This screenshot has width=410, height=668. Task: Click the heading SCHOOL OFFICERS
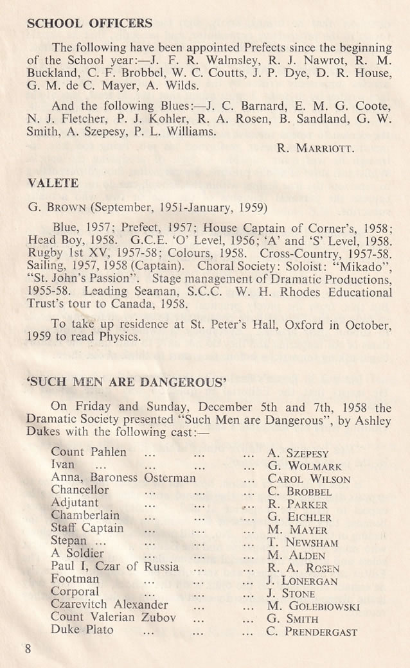[89, 24]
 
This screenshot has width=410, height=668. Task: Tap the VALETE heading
[53, 183]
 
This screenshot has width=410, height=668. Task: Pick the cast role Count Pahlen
[89, 452]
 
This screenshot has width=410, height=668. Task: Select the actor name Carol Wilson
[308, 479]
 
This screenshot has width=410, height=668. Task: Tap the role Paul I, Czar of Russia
[115, 567]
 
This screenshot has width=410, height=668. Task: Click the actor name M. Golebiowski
[313, 606]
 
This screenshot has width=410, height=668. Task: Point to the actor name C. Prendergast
[312, 631]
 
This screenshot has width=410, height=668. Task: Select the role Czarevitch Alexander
[109, 604]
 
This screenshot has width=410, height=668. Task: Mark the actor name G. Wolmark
[304, 466]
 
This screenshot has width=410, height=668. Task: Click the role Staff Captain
[87, 528]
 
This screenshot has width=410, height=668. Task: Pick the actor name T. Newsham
[302, 542]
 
